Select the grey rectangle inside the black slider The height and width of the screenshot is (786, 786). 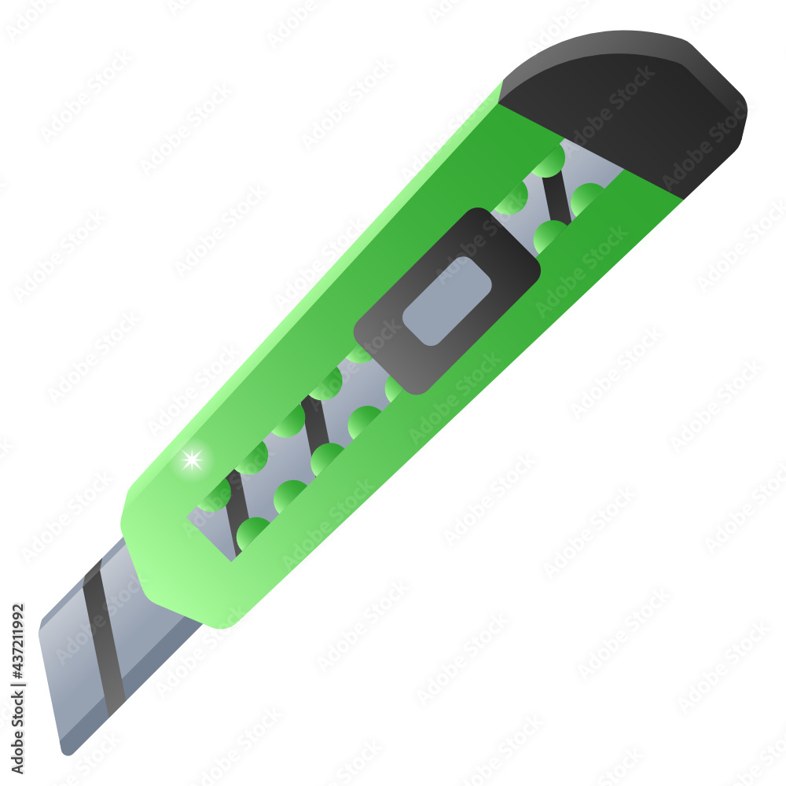pyautogui.click(x=446, y=301)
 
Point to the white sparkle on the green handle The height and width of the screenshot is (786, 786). pyautogui.click(x=192, y=460)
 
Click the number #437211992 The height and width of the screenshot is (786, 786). pyautogui.click(x=18, y=641)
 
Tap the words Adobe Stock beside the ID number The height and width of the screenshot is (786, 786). pyautogui.click(x=18, y=731)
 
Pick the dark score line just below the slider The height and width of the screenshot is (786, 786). pyautogui.click(x=316, y=426)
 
